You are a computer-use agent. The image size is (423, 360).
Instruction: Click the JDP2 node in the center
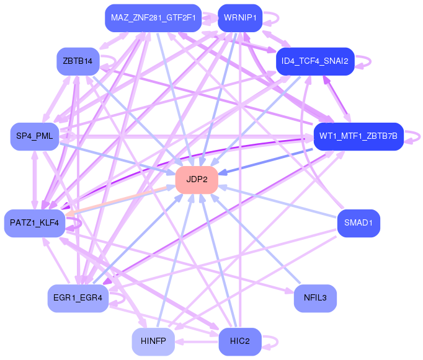tap(197, 180)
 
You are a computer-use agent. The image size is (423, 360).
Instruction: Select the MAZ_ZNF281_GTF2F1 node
tap(153, 17)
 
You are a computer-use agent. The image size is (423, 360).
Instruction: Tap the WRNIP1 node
tap(240, 17)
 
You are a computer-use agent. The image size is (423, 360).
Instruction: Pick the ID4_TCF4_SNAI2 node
tap(314, 61)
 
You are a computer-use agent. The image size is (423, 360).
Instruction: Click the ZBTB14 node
tap(78, 61)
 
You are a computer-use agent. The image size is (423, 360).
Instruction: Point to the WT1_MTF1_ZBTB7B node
tap(358, 136)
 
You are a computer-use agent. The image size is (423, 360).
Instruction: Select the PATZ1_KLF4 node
tap(34, 223)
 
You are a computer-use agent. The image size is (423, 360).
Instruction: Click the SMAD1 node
tap(358, 223)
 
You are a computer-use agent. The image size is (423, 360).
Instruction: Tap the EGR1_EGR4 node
tap(78, 299)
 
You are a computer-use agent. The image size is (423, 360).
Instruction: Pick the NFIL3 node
tap(315, 299)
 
